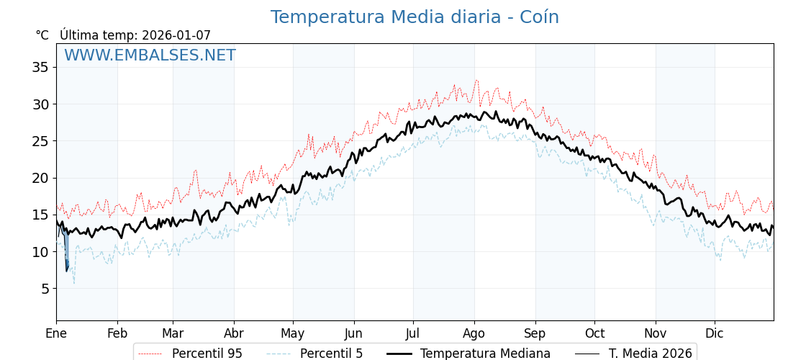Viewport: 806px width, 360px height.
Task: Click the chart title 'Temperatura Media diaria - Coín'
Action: click(x=415, y=17)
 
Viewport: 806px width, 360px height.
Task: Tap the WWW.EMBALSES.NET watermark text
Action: click(x=150, y=55)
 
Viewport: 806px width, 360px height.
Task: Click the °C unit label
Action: click(x=42, y=35)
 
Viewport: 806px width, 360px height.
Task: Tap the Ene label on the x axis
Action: click(x=56, y=334)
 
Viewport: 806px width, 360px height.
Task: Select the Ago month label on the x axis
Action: click(x=474, y=334)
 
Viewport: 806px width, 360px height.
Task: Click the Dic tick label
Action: click(x=715, y=334)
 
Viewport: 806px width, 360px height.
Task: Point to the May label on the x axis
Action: click(x=293, y=334)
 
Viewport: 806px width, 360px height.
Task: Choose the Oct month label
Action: click(x=594, y=334)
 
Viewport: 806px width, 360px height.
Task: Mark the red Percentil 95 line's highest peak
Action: click(x=476, y=81)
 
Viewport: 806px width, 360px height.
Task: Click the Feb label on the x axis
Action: click(x=117, y=334)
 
